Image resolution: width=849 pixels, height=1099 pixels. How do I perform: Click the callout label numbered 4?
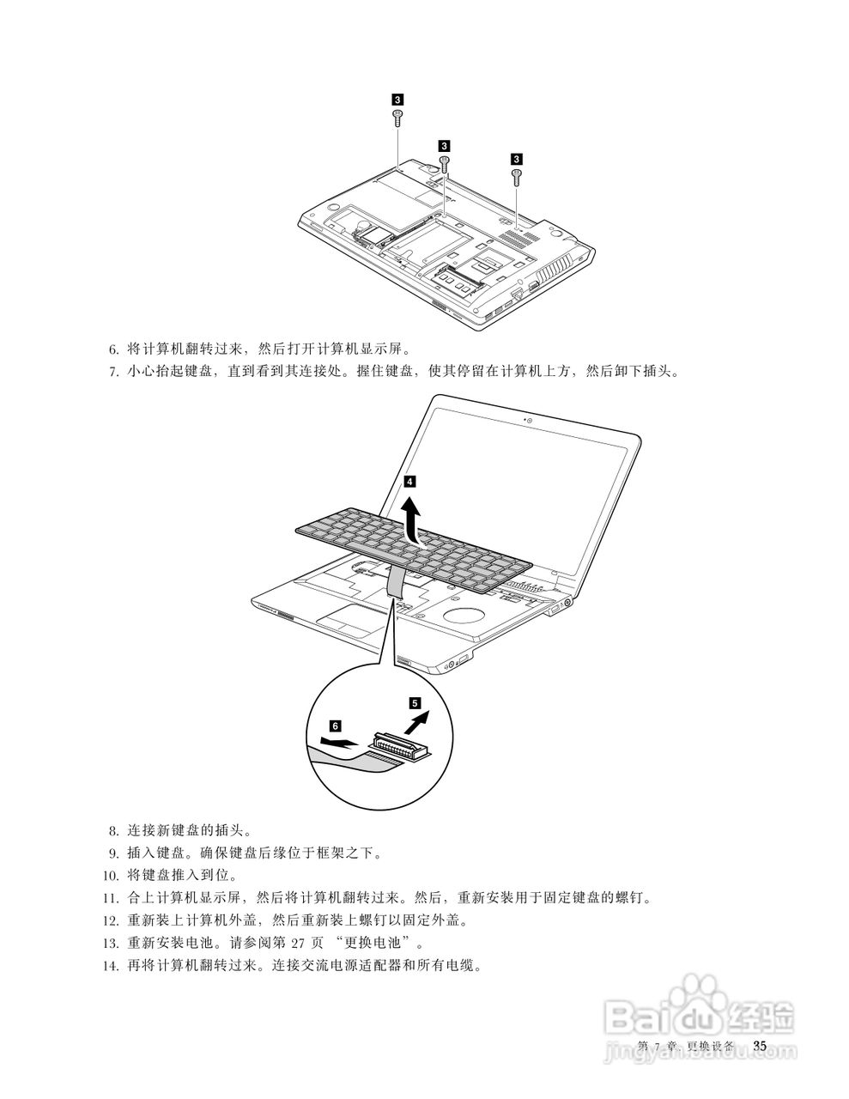coord(411,482)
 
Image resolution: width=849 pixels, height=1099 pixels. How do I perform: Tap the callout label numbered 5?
coord(415,702)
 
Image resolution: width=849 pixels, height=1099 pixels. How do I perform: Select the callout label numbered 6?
coord(335,725)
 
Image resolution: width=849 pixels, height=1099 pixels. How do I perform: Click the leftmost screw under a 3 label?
coord(397,118)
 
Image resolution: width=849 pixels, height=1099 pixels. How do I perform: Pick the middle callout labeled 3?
coord(444,145)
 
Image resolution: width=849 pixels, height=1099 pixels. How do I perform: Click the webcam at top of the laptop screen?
coord(529,421)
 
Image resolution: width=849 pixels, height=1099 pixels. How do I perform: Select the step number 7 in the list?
coord(113,373)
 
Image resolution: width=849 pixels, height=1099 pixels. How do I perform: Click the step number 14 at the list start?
coord(110,965)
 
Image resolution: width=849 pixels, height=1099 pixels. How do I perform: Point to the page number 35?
coord(759,1045)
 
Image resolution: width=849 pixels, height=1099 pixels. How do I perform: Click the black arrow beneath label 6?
coord(337,742)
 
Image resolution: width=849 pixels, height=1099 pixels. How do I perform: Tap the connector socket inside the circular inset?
coord(398,744)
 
